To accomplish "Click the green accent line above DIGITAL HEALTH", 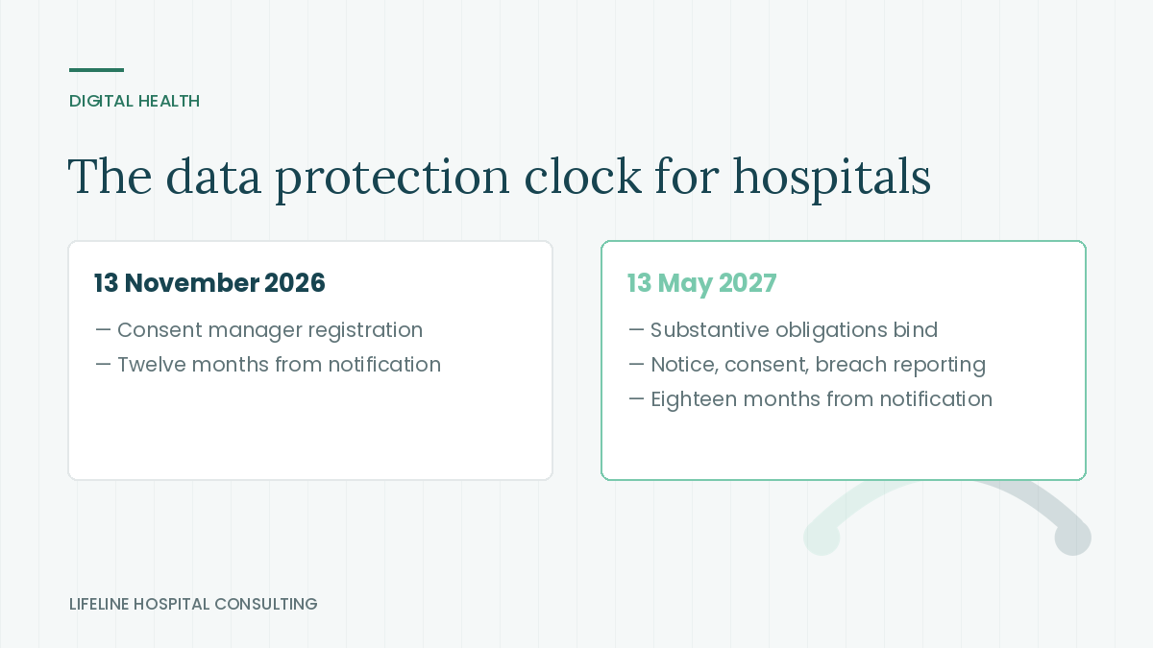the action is tap(96, 70).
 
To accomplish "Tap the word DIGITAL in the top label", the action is tap(102, 102).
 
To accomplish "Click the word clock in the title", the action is tap(582, 177).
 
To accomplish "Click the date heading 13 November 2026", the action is tap(209, 283).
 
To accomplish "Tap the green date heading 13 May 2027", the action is tap(701, 283).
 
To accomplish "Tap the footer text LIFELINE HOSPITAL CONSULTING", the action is tap(193, 604).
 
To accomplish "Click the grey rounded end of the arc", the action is tap(1073, 538).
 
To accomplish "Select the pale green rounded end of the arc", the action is tap(822, 538).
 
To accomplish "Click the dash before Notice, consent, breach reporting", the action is tap(636, 365).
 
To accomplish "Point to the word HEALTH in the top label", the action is tap(169, 102).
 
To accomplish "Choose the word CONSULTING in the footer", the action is tap(265, 604).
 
